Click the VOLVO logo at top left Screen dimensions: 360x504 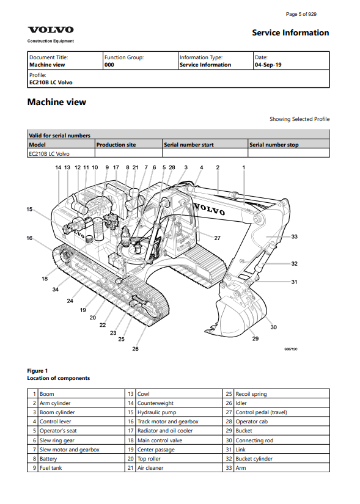[51, 30]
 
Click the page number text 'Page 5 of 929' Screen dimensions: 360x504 [301, 14]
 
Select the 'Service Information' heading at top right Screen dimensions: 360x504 [290, 33]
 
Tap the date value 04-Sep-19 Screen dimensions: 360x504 [268, 65]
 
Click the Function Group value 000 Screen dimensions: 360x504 [109, 65]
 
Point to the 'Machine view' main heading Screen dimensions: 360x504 [57, 102]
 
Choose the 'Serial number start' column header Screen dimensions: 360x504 [188, 145]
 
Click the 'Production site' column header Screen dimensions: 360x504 [116, 145]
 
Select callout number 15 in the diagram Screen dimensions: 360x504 [29, 210]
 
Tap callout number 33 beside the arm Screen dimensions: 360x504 [295, 236]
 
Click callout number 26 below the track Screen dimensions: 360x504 [136, 349]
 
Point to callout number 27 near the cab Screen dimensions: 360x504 [218, 238]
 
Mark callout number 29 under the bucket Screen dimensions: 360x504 [255, 338]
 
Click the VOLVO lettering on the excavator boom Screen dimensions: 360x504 [209, 210]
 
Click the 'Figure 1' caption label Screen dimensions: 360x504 [37, 371]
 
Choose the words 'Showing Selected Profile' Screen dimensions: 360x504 [299, 119]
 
